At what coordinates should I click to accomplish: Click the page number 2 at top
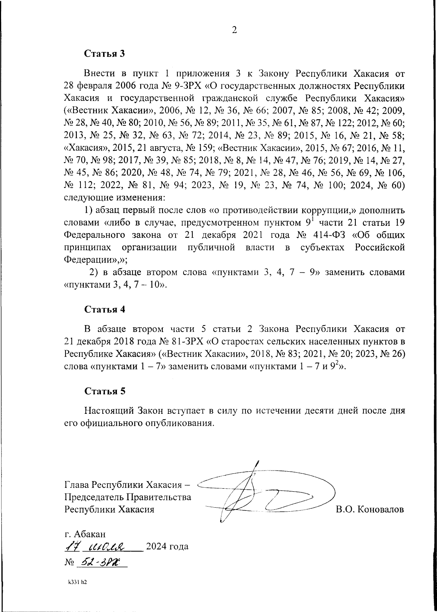[234, 30]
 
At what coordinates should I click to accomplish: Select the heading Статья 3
[105, 53]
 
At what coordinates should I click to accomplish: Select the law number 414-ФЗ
[329, 235]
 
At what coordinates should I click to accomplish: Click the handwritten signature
[262, 495]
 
